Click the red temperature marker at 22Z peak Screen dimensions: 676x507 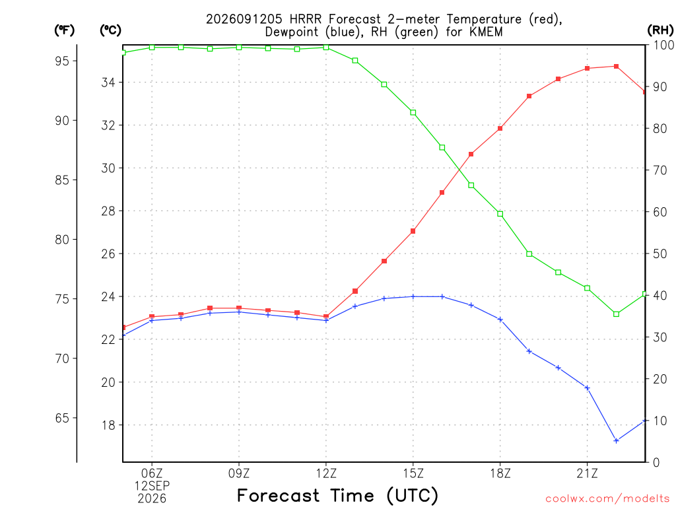click(616, 67)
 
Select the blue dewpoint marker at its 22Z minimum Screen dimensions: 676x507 click(616, 440)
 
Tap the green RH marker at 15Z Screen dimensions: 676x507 click(413, 112)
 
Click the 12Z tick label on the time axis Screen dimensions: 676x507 click(326, 473)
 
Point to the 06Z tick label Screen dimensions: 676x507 click(152, 473)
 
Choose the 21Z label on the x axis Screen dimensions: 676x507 click(587, 473)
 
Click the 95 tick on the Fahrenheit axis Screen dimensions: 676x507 click(62, 61)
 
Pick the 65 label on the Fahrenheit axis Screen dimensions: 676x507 click(62, 418)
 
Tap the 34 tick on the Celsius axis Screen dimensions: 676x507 click(108, 83)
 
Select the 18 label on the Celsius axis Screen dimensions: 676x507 click(108, 425)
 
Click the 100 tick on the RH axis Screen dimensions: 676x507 click(664, 45)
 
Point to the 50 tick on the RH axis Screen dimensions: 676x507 click(660, 253)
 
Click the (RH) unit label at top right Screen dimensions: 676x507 click(660, 30)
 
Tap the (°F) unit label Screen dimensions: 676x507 click(64, 30)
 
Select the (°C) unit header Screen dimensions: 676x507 click(110, 30)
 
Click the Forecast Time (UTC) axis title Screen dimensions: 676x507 click(337, 496)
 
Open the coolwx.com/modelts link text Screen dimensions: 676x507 click(607, 499)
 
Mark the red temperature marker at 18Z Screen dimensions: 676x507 click(500, 129)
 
